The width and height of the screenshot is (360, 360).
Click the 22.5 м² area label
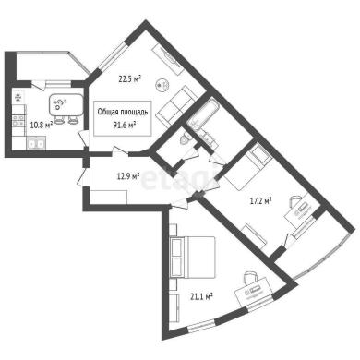coord(130,79)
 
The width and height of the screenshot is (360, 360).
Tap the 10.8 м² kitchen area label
coord(42,125)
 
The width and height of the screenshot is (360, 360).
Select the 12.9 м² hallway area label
coord(128,176)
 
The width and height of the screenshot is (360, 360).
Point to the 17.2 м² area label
coord(260,201)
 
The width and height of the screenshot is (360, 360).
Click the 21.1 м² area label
coord(202,296)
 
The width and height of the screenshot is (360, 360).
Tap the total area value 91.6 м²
coord(125,125)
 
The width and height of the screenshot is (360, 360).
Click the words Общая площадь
coord(123,112)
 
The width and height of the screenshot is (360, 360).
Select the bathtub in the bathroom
coord(203,114)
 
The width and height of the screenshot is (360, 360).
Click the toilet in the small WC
coord(185,139)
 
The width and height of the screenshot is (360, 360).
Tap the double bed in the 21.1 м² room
coord(192,258)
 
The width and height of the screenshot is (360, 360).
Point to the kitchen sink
coord(36,144)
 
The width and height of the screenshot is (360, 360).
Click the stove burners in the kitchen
coord(18,120)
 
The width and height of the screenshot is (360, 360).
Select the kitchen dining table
coord(66,105)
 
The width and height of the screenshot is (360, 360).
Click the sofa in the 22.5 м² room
coord(176,106)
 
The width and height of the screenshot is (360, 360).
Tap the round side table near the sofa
coord(162,85)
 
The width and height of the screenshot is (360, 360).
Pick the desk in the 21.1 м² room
coord(253,292)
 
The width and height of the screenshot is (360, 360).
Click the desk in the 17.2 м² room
coord(299,211)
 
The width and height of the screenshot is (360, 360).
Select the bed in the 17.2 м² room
coord(248,168)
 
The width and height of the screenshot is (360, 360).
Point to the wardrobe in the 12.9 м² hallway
coord(109,197)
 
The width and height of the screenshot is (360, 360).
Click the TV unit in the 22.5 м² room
coord(168,59)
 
